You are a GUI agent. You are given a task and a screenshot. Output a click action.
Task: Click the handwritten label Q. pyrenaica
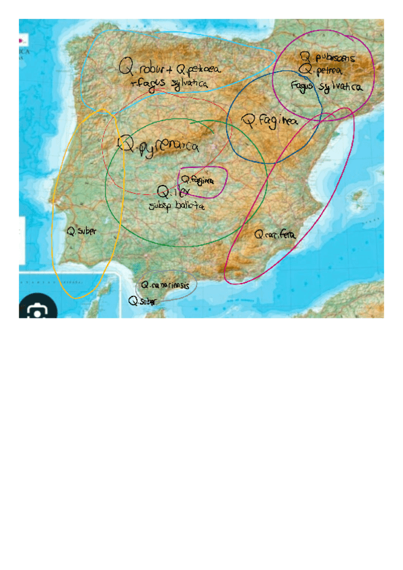(x=159, y=146)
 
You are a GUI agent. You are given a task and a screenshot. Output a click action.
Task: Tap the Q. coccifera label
(x=275, y=235)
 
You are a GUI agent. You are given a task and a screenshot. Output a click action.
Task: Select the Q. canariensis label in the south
(x=166, y=286)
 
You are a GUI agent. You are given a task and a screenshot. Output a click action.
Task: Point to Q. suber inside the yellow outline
(x=81, y=231)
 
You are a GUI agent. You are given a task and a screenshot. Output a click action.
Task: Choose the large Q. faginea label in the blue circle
(x=269, y=122)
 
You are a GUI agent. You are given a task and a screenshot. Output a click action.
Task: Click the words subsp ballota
(x=176, y=206)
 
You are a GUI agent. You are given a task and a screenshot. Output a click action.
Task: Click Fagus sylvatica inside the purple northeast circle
(x=327, y=87)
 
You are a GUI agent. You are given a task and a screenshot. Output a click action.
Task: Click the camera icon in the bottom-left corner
(x=38, y=311)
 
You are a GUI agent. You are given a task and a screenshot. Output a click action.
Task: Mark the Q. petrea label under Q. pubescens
(x=326, y=69)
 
